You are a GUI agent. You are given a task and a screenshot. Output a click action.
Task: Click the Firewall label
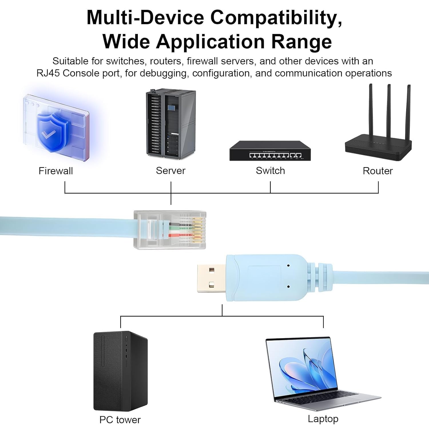point(56,171)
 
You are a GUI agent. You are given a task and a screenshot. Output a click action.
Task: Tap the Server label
point(170,171)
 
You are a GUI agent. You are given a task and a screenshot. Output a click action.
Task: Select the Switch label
point(270,171)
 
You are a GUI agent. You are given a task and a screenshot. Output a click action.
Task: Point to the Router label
point(378,171)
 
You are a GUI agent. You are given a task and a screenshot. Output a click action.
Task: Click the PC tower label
point(120,420)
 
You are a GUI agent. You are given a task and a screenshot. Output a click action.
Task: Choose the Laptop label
point(323,419)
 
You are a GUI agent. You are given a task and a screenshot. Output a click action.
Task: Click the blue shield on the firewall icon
point(51,132)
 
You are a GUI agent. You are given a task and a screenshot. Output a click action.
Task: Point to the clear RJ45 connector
point(170,230)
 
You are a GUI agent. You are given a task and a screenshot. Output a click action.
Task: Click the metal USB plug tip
point(211,278)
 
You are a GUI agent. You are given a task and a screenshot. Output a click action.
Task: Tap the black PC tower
point(120,371)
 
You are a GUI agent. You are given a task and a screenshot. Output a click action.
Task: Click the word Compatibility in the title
point(276,18)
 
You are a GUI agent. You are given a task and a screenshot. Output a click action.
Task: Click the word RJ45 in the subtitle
point(48,73)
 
